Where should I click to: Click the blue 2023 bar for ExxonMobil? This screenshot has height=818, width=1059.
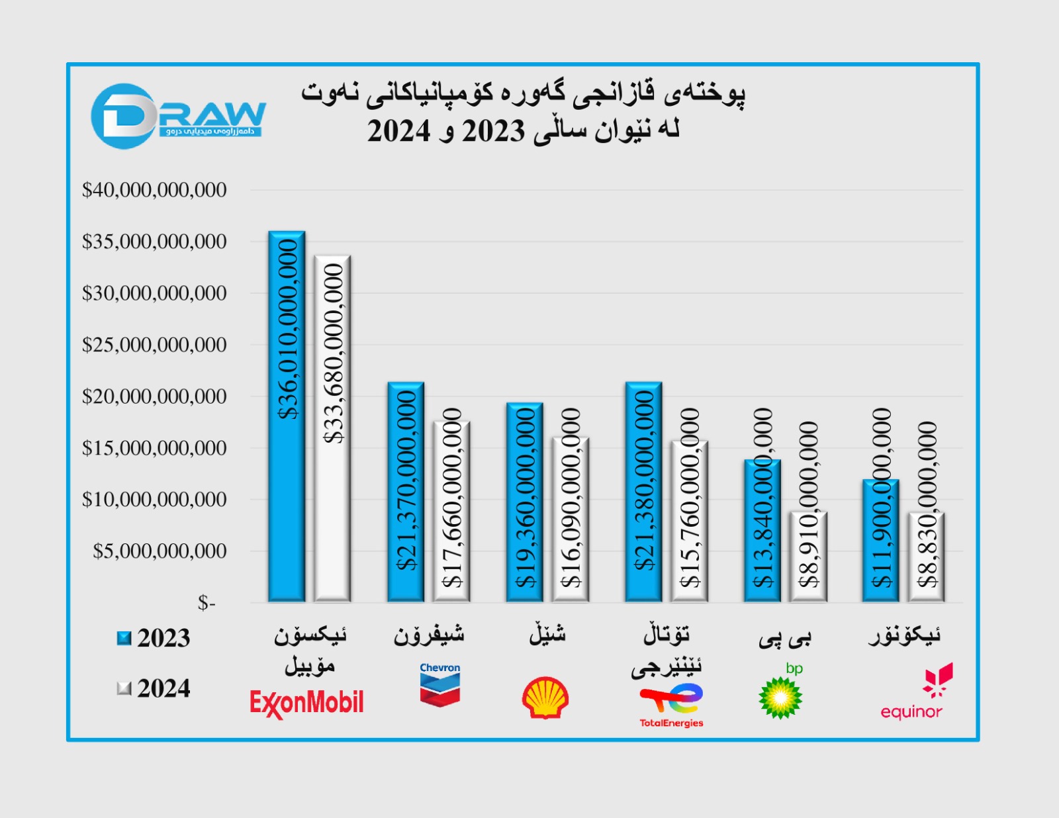(287, 417)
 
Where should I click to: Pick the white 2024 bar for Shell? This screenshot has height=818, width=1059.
(571, 520)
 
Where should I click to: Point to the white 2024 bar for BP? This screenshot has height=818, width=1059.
(809, 557)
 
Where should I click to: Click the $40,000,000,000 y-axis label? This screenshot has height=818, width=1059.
(154, 190)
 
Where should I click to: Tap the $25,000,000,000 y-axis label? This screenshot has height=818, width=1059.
(154, 345)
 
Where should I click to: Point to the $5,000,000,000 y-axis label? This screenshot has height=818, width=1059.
(160, 551)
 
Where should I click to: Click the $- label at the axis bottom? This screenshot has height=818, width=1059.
(207, 603)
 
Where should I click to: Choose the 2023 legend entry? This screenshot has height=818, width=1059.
(154, 638)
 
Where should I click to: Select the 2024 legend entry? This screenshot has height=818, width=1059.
(154, 689)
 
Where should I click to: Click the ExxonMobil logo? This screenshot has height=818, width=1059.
(307, 703)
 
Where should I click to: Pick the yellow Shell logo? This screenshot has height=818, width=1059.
(545, 698)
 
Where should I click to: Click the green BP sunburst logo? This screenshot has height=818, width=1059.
(781, 696)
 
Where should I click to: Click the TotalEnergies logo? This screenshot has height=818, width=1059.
(671, 705)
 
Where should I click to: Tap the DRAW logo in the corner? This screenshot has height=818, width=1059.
(177, 116)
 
